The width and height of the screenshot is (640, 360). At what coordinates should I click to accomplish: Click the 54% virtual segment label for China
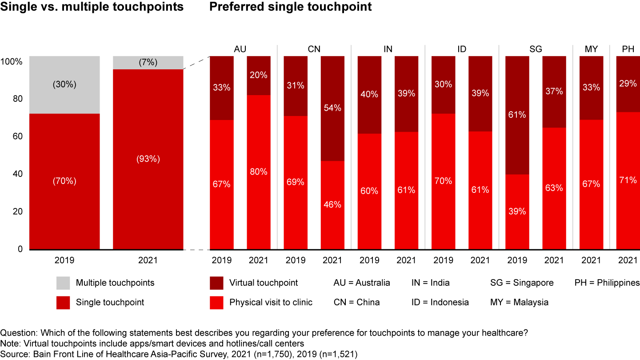click(332, 108)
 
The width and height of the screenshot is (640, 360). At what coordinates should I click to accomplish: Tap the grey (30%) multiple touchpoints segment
click(64, 84)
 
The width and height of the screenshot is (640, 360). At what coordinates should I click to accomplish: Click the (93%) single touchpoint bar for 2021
click(148, 159)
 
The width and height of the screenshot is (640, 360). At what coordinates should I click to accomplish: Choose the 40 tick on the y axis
click(17, 174)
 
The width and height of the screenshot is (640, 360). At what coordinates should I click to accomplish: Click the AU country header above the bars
click(240, 49)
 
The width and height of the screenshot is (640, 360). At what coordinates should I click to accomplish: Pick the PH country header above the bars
click(628, 49)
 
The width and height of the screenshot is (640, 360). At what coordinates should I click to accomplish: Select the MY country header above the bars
click(591, 49)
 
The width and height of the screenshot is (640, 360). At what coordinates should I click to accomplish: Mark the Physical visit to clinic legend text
click(271, 302)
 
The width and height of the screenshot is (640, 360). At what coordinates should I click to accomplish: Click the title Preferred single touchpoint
click(290, 7)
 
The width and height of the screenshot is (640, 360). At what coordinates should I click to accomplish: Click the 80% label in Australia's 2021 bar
click(259, 172)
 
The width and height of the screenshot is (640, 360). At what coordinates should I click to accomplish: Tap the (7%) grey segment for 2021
click(148, 63)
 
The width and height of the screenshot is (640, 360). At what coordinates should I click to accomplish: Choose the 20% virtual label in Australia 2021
click(259, 75)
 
